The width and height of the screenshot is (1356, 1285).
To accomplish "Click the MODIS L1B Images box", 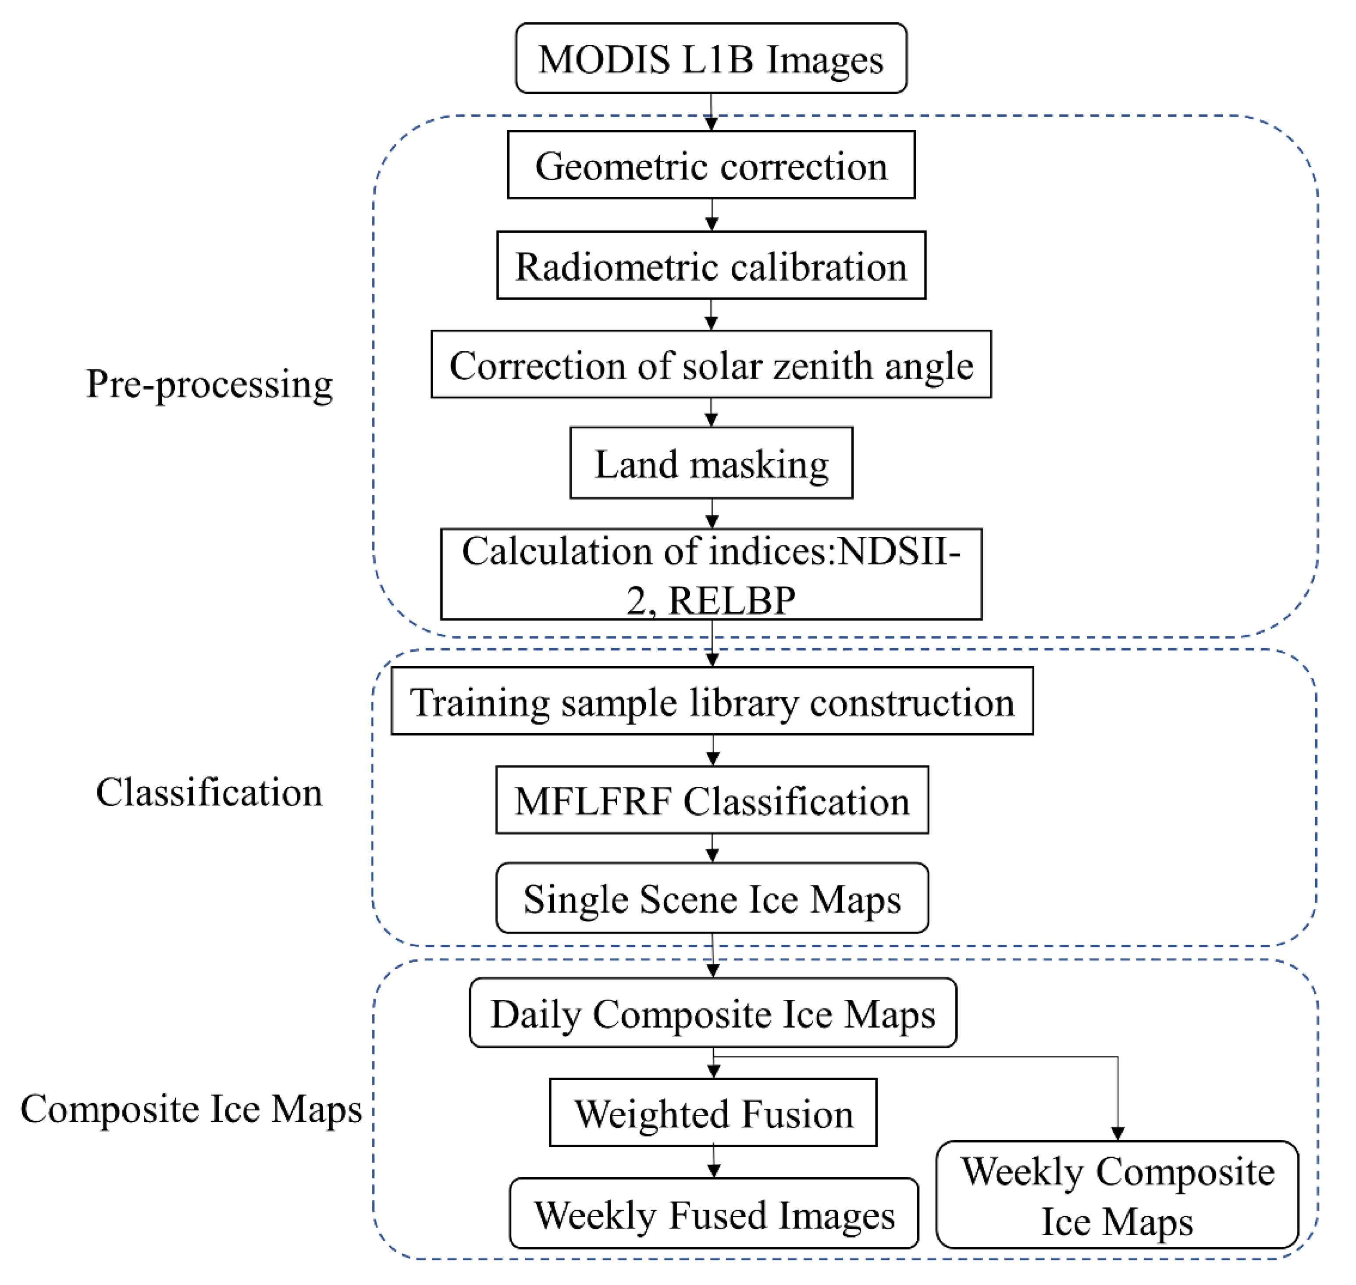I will (x=711, y=58).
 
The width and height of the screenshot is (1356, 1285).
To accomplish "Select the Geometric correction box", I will (x=711, y=165).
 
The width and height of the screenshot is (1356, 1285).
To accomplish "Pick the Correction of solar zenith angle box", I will (x=711, y=364).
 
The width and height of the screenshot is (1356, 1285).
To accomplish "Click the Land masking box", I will (x=711, y=463).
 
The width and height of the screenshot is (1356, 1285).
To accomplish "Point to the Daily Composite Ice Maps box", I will (x=712, y=1012).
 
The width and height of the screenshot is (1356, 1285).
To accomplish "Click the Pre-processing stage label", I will (x=209, y=384).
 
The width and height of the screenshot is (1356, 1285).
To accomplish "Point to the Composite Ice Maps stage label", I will (x=190, y=1108).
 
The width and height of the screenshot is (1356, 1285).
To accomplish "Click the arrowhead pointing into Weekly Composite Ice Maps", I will (x=1118, y=1134).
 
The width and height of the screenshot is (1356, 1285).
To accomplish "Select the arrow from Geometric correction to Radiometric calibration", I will (x=712, y=215).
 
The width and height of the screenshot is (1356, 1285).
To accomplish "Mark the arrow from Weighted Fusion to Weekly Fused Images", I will (x=714, y=1162).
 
